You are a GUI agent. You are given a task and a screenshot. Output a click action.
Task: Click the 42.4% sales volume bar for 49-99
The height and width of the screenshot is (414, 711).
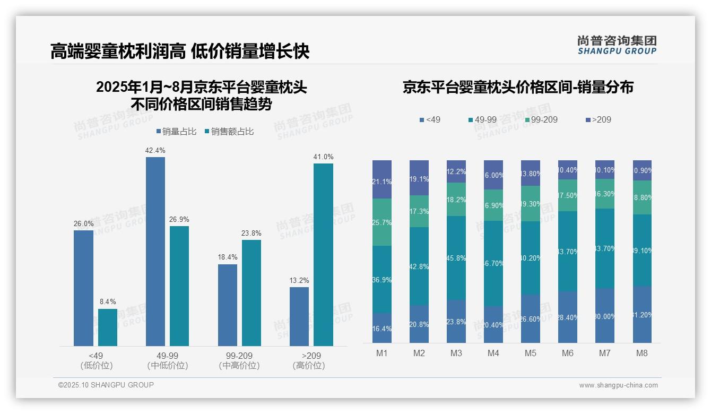coord(155,252)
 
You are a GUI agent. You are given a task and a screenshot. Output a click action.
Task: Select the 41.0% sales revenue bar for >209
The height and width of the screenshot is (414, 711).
coord(323,255)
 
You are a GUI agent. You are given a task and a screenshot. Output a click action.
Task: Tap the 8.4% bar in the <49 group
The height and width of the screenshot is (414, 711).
coord(108,327)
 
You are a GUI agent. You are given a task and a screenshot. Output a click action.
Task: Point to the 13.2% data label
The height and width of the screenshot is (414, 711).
coord(299,280)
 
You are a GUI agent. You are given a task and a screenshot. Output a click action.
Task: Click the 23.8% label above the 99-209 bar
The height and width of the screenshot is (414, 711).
coord(252,233)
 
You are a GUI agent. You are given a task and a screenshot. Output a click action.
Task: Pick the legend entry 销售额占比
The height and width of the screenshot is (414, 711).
coord(229,132)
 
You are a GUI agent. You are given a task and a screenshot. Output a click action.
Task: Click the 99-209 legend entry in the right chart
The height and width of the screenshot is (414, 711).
coord(541,120)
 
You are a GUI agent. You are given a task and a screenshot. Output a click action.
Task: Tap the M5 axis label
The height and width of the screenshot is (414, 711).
coord(531,353)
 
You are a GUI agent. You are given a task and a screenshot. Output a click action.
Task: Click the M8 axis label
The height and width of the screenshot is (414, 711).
coord(642,353)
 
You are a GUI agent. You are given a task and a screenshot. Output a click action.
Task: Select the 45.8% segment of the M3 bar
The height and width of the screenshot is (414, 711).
coord(456,258)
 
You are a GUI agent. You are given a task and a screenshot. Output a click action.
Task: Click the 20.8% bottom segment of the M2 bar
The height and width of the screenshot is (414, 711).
coord(419,324)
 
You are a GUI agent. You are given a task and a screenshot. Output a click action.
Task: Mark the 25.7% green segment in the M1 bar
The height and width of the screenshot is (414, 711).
coord(382,222)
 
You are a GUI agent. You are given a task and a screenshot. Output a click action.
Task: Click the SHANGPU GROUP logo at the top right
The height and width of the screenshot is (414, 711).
coord(617,45)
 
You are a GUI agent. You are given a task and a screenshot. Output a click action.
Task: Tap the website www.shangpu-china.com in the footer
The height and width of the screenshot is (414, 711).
coord(618,385)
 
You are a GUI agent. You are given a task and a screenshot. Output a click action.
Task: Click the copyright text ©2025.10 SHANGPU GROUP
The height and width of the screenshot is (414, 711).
coord(106,385)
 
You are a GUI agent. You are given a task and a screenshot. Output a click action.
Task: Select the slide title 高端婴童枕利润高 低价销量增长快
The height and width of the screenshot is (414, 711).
coord(180,51)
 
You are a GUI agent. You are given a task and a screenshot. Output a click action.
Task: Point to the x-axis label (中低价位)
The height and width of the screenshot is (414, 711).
coord(168,366)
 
